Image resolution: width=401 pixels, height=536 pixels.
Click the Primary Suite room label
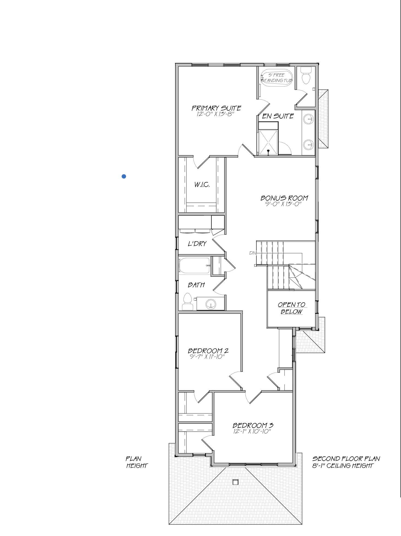point(216,108)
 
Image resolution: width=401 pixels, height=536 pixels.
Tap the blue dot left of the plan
point(124,176)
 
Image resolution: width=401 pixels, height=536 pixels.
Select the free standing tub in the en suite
point(276,78)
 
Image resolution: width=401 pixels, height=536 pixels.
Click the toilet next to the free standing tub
point(306,76)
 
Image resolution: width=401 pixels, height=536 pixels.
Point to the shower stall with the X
point(268,142)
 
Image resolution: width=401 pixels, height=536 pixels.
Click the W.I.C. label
point(202,185)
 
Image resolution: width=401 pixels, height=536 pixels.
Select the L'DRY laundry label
point(197,244)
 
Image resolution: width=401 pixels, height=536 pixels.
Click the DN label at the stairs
point(253,253)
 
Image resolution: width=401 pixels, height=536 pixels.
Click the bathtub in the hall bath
point(194,265)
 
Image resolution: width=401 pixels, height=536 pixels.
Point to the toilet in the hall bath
point(187,302)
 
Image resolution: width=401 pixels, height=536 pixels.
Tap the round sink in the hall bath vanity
point(211,304)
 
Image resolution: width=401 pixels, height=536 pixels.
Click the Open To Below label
point(291,308)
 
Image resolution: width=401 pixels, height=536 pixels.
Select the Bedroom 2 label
point(208,351)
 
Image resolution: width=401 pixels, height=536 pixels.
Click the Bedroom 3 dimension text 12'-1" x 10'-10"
point(252,431)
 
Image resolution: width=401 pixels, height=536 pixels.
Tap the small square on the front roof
point(235,482)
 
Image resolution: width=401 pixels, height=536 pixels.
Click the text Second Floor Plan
point(346,459)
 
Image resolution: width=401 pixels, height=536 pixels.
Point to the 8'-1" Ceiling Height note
point(342,466)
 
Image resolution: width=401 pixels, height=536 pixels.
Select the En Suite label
point(278,116)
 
